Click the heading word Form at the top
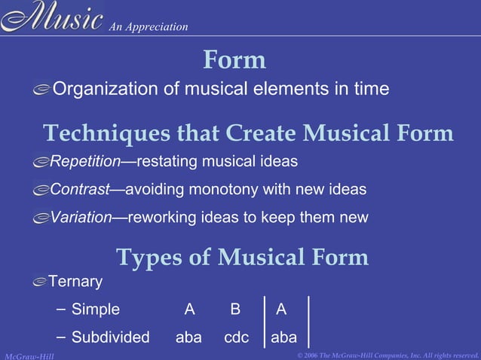click(234, 60)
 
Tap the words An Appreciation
click(148, 27)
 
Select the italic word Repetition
click(85, 161)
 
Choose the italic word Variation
click(81, 218)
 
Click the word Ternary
click(75, 282)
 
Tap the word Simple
click(96, 309)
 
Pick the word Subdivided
click(111, 337)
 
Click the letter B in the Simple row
click(235, 309)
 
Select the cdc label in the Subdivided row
click(236, 337)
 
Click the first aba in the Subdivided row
click(188, 337)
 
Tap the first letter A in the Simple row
click(189, 309)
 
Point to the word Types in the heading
click(149, 258)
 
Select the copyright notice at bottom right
click(388, 354)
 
